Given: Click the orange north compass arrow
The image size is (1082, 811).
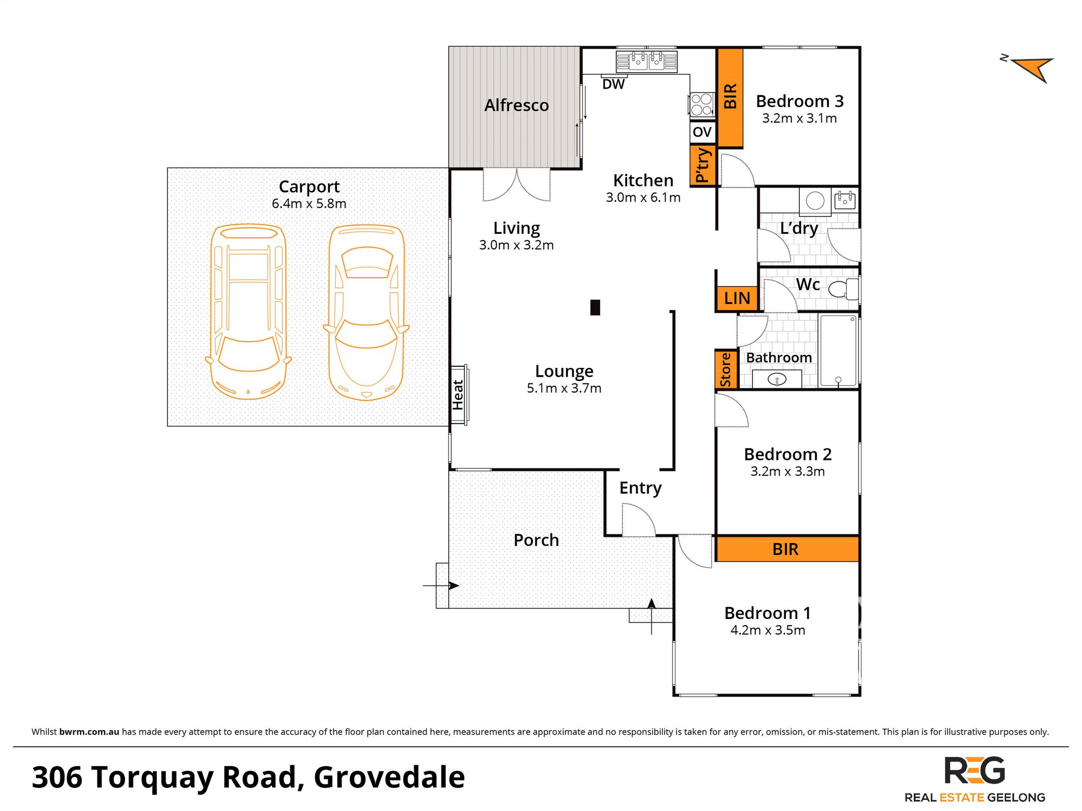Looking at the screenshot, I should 1035,69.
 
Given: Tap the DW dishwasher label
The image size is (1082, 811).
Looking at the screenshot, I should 613,84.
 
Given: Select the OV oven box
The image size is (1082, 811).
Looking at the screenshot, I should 702,132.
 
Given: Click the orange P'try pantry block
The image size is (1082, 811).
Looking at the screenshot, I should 702,165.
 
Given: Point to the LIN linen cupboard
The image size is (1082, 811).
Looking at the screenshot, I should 737,298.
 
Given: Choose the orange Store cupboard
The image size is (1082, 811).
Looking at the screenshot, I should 725,369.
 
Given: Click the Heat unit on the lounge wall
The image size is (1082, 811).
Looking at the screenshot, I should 459,395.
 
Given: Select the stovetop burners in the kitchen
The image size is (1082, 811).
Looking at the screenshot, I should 701,104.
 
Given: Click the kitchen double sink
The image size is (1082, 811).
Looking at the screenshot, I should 647,61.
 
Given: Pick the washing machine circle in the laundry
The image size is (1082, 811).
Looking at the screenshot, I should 815,200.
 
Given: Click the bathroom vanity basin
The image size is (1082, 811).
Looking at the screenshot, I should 776,380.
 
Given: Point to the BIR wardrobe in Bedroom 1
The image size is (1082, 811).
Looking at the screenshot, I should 786,549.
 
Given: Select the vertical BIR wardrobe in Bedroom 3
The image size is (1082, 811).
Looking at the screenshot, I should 730,97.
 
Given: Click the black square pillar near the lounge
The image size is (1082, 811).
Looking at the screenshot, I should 595,308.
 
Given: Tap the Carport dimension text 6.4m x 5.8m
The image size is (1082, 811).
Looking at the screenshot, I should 309,204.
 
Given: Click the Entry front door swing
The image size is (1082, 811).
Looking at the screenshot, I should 638,520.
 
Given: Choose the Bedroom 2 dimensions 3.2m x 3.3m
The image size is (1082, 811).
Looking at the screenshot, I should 787,471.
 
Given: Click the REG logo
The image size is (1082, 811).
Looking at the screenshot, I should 974,771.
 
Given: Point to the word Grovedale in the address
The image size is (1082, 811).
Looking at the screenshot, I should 389,777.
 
